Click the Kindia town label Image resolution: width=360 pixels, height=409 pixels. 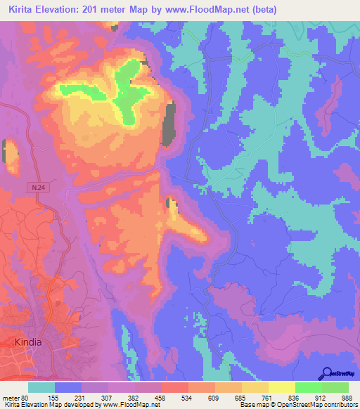click(28, 342)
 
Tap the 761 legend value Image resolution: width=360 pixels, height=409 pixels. click(268, 397)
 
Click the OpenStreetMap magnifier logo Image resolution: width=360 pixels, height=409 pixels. click(326, 373)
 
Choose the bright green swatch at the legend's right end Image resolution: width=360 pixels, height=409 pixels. click(335, 387)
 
